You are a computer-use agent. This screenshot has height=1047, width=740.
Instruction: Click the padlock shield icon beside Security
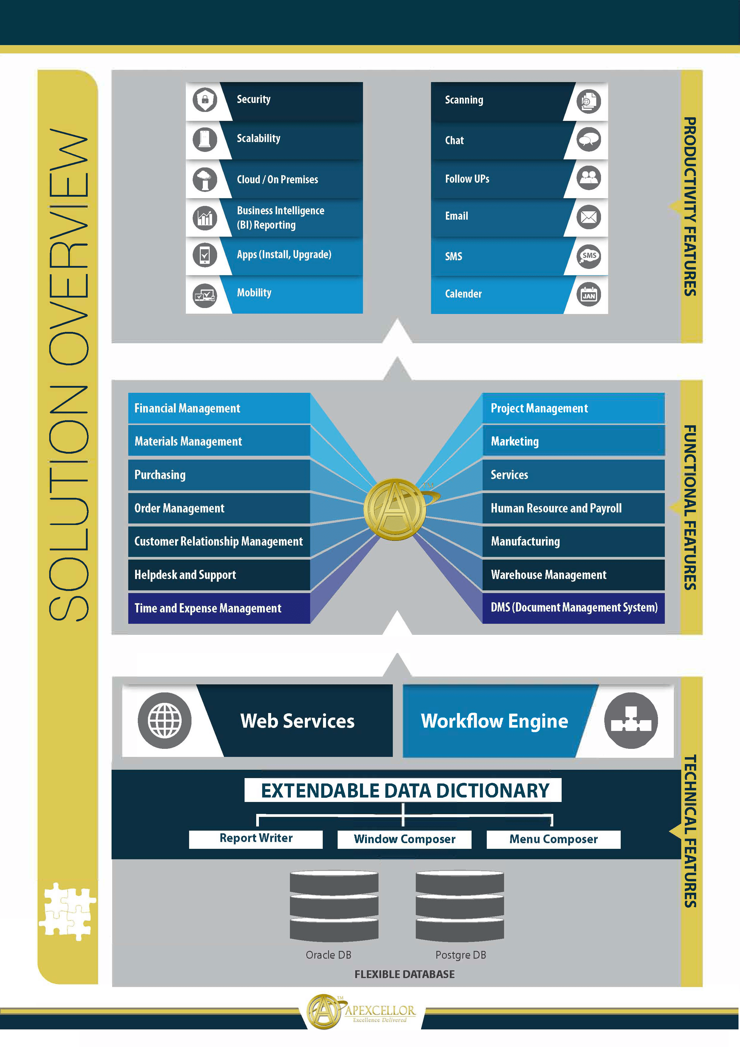[x=205, y=99]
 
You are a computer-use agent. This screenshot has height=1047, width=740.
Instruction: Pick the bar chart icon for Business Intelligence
[x=205, y=218]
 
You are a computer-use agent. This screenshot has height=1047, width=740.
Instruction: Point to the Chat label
[x=454, y=141]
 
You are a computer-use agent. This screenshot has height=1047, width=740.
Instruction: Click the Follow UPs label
[x=467, y=179]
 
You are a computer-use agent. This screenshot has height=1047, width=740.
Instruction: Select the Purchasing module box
[x=219, y=475]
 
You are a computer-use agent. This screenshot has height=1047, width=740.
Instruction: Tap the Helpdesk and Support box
[x=219, y=575]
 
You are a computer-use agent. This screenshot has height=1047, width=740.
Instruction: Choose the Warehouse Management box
[x=573, y=575]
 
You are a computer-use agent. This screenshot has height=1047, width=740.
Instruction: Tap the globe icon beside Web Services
[x=165, y=720]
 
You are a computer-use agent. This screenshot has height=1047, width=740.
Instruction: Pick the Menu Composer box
[x=553, y=839]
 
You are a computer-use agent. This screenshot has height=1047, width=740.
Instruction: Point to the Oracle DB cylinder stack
[x=334, y=906]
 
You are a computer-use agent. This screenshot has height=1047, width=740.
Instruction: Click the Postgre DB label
[x=461, y=955]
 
